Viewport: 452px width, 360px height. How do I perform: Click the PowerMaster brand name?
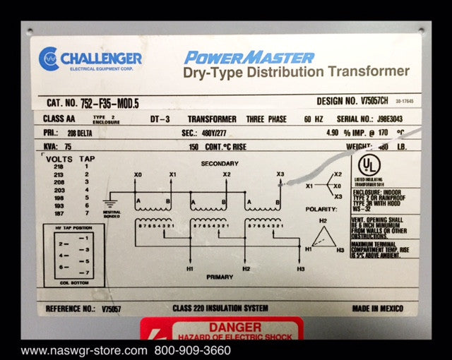point(249,56)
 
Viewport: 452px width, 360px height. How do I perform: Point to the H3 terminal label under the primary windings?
point(301,269)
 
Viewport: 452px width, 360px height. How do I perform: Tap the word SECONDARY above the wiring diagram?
point(220,164)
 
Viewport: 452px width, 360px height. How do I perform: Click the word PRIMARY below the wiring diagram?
point(220,277)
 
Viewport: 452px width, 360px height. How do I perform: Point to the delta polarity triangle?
point(324,236)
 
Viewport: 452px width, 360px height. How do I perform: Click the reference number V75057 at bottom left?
point(112,308)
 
